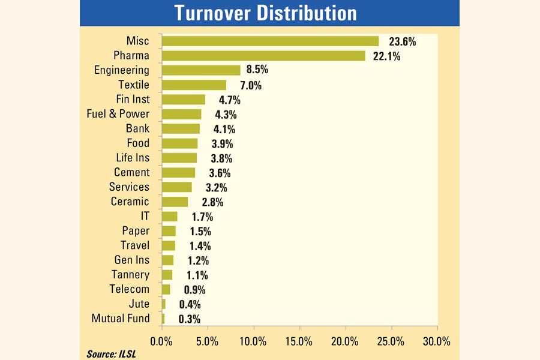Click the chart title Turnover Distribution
(269, 13)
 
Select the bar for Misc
(270, 41)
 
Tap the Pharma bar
(263, 56)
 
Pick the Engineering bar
(201, 70)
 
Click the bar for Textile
(194, 85)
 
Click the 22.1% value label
(387, 56)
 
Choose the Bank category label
(137, 128)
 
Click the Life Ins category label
(133, 158)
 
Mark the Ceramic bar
(175, 202)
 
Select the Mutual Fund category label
(120, 319)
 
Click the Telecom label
(129, 289)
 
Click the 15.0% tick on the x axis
(299, 341)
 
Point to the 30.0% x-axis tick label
(437, 341)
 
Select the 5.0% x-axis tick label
(208, 341)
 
